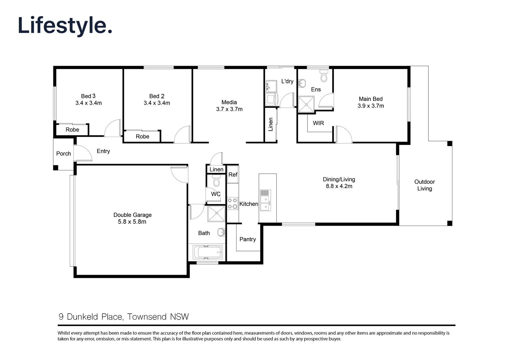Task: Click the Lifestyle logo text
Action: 65,26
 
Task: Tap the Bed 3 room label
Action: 88,96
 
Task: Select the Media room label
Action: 229,102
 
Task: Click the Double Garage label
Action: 132,215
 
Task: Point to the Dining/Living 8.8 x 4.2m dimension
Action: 339,186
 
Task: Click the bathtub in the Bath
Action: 207,252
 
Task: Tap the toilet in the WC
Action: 217,181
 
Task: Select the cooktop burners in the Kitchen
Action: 233,203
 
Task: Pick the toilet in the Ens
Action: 323,76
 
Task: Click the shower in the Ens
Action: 306,104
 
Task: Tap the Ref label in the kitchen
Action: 233,175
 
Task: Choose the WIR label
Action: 318,123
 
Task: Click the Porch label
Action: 63,154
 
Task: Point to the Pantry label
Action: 248,239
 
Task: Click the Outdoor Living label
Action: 424,185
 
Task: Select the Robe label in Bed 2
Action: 142,137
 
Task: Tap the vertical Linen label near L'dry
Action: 271,124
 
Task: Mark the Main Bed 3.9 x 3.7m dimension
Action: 370,106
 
